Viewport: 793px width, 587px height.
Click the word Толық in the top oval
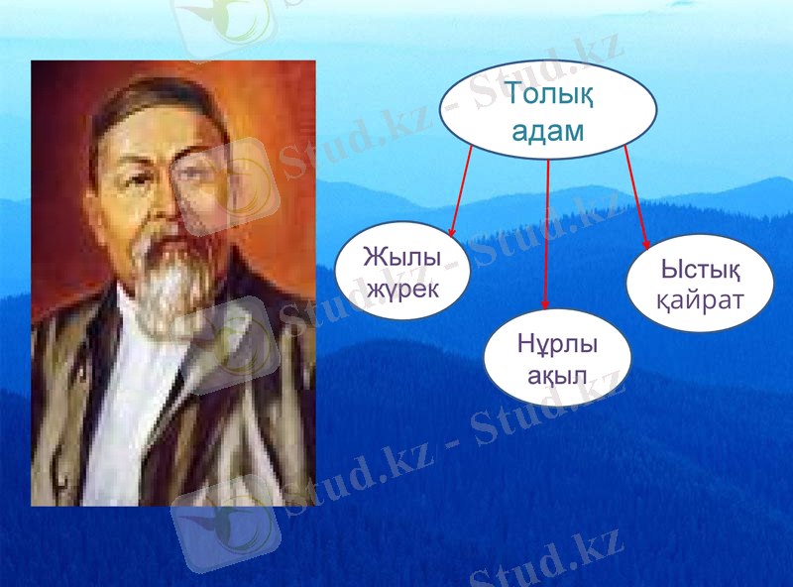point(547,96)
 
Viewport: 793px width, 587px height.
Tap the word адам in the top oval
point(547,132)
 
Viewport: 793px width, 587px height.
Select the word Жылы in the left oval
point(401,256)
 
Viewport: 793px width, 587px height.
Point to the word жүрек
point(401,288)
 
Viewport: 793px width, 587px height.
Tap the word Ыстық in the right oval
point(700,268)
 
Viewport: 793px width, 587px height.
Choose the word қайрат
point(700,298)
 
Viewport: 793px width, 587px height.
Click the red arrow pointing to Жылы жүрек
point(461,189)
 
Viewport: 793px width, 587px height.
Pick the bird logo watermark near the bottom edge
point(224,526)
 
